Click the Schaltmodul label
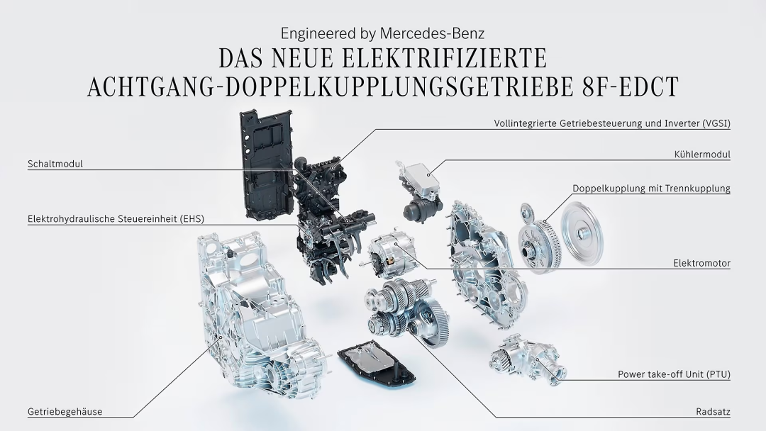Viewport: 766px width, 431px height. pos(55,164)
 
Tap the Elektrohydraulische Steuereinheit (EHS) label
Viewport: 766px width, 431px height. pos(116,218)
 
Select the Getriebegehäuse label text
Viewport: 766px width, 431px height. pos(65,411)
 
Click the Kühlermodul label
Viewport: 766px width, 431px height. pos(702,155)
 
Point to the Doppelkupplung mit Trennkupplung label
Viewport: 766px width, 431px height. pos(651,189)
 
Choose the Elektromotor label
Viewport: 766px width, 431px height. pos(701,263)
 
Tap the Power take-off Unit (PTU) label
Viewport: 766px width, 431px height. pos(674,374)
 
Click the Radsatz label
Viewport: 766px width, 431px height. pos(714,411)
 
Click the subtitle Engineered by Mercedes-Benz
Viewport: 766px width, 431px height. pos(382,33)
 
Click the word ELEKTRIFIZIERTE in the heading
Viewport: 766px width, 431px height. pos(444,58)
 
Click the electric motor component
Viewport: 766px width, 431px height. pos(392,254)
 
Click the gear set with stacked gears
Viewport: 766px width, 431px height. pos(405,313)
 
